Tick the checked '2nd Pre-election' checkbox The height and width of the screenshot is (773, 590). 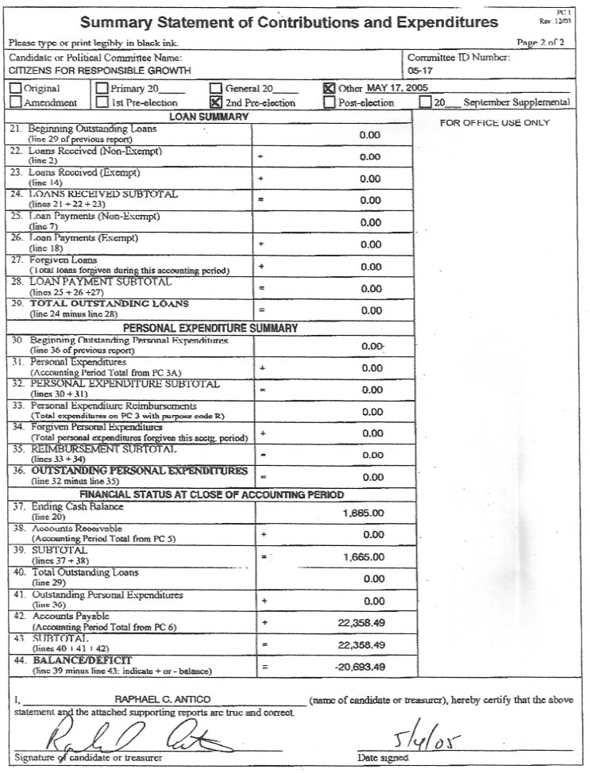[215, 102]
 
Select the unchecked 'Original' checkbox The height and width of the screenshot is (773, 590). [15, 89]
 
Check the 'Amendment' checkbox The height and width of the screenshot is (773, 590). [15, 102]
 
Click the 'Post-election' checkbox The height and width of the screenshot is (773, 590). [330, 102]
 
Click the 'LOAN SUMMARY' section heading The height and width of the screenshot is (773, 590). [210, 117]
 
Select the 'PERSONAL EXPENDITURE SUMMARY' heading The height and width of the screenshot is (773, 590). [210, 328]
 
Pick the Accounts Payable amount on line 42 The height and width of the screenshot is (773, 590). [359, 623]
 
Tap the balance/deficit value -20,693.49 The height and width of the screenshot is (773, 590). [359, 667]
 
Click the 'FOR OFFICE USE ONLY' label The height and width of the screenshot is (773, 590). [495, 123]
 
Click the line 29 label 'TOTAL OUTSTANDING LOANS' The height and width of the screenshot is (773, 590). [110, 304]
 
